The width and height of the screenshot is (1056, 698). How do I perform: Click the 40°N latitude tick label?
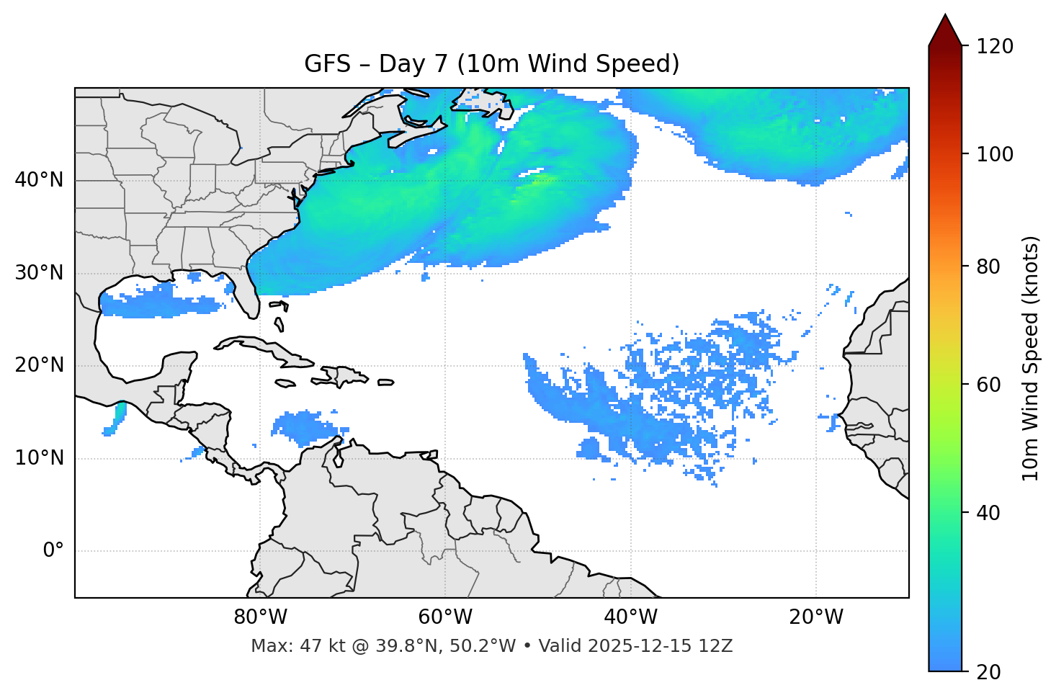click(x=39, y=180)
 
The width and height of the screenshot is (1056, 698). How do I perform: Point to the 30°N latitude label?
click(x=39, y=273)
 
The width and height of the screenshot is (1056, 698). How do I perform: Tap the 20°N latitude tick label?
click(x=39, y=365)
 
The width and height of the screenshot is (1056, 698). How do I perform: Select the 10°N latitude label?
click(x=39, y=458)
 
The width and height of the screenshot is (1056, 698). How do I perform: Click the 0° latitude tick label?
click(x=53, y=551)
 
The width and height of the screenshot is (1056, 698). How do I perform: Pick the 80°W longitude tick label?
click(x=260, y=617)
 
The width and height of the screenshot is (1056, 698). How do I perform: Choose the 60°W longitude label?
click(x=445, y=617)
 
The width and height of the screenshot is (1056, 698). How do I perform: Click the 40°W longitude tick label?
click(x=630, y=617)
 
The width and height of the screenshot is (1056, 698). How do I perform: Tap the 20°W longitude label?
click(x=815, y=617)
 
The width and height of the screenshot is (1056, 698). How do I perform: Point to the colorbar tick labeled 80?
click(x=992, y=267)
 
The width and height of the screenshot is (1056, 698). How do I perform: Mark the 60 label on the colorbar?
click(x=992, y=385)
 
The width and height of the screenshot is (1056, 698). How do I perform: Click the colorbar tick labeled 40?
click(x=992, y=513)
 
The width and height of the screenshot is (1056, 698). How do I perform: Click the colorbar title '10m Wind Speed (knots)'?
click(x=1031, y=359)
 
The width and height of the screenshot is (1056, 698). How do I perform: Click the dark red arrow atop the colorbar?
click(x=945, y=31)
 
